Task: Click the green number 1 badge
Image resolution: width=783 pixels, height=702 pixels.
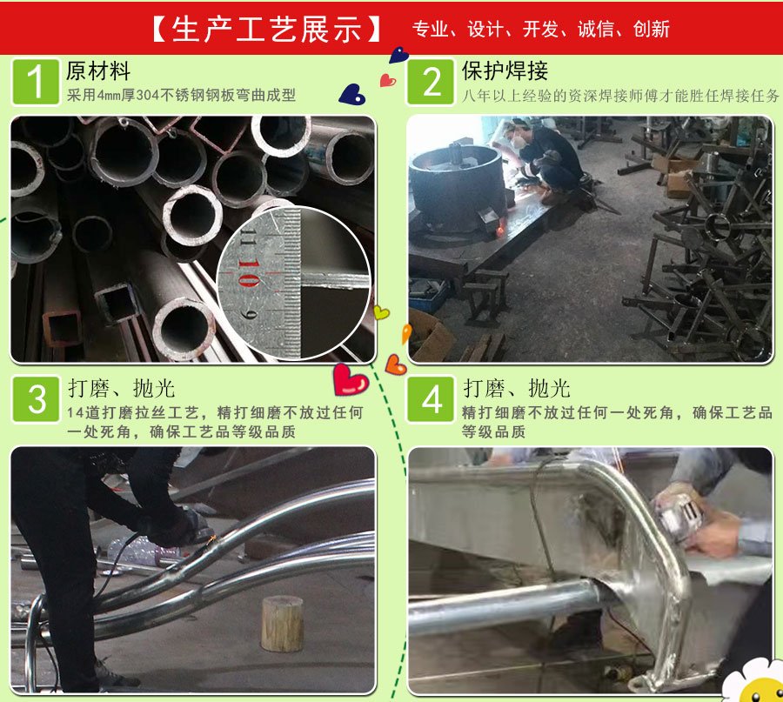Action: pyautogui.click(x=36, y=82)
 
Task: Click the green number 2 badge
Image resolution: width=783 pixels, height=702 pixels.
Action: pyautogui.click(x=431, y=82)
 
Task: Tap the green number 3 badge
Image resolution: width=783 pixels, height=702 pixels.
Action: pyautogui.click(x=36, y=399)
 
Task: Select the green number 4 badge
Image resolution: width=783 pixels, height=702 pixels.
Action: pyautogui.click(x=431, y=399)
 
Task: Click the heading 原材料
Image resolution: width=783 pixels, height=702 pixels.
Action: pyautogui.click(x=98, y=70)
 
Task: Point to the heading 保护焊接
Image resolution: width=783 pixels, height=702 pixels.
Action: pyautogui.click(x=505, y=70)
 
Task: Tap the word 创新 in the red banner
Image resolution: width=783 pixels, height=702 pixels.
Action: pyautogui.click(x=651, y=29)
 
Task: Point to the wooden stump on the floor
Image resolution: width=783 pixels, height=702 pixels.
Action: pyautogui.click(x=282, y=623)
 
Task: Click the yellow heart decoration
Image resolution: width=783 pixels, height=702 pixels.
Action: pyautogui.click(x=382, y=312)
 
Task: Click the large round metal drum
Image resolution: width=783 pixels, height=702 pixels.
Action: pyautogui.click(x=455, y=187)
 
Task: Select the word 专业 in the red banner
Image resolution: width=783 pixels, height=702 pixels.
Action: pyautogui.click(x=430, y=29)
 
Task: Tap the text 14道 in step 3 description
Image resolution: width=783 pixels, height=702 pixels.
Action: pyautogui.click(x=84, y=412)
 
